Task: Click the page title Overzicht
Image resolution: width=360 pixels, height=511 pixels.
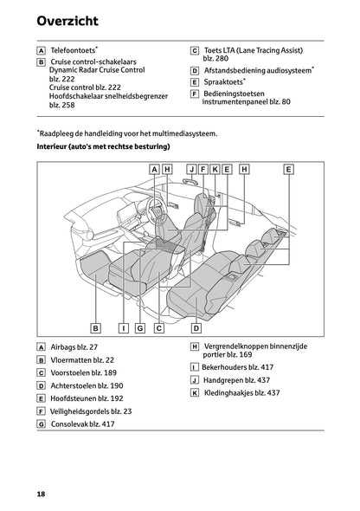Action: (67, 21)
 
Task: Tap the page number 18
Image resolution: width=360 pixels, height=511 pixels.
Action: (41, 494)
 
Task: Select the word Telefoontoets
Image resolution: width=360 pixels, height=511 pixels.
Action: (73, 50)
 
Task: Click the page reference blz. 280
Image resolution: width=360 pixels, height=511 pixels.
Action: (215, 58)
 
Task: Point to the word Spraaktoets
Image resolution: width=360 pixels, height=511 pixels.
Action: (223, 81)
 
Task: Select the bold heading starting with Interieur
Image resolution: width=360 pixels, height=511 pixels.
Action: (104, 146)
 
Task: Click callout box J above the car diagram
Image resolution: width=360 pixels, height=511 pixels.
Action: (192, 170)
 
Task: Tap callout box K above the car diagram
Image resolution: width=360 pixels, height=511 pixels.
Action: (215, 170)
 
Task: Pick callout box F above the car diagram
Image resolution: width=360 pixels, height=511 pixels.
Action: (203, 170)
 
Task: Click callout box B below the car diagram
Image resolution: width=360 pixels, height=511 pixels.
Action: (96, 328)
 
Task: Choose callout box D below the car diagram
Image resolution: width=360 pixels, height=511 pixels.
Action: (196, 328)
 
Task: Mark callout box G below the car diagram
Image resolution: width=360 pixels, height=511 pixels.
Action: (140, 328)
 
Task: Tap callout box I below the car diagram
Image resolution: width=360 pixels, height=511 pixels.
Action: (124, 328)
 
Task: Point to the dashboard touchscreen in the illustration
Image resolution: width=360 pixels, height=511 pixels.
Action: (125, 213)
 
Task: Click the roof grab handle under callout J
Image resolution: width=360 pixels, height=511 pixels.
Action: (190, 181)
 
